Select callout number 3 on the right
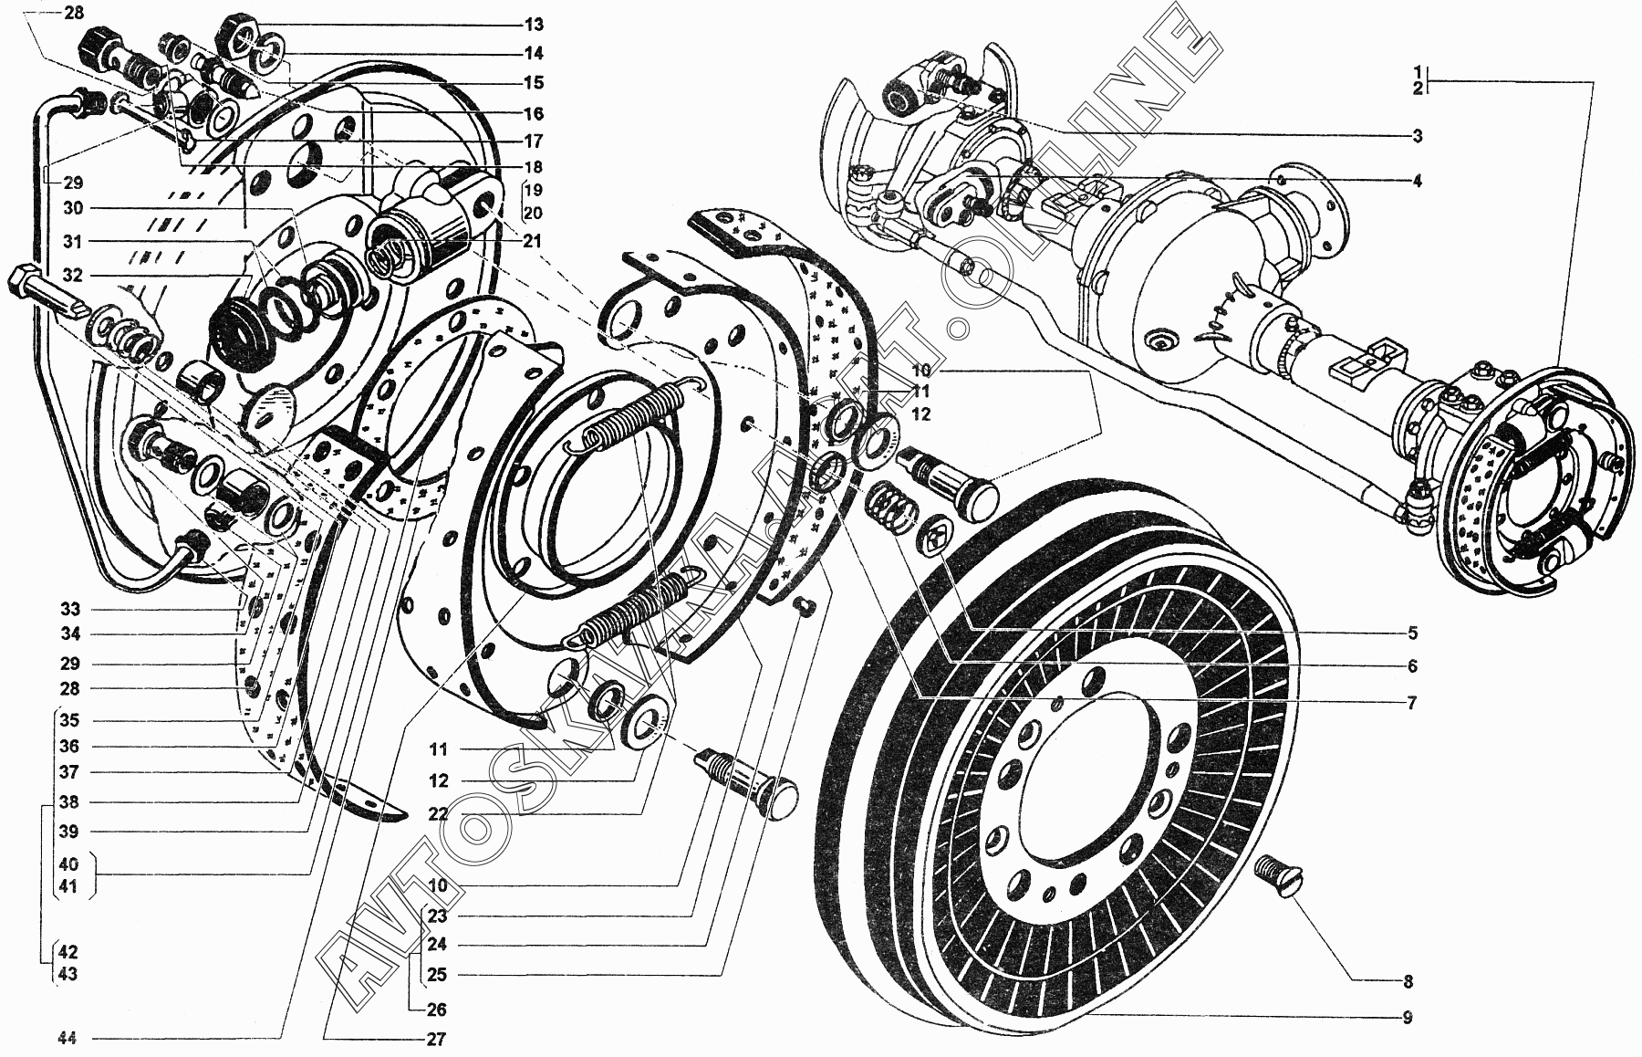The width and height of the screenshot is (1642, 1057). tap(1417, 137)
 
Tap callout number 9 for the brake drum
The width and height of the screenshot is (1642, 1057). tap(1408, 1017)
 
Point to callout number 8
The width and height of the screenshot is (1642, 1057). tap(1408, 982)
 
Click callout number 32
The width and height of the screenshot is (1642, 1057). tap(73, 275)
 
